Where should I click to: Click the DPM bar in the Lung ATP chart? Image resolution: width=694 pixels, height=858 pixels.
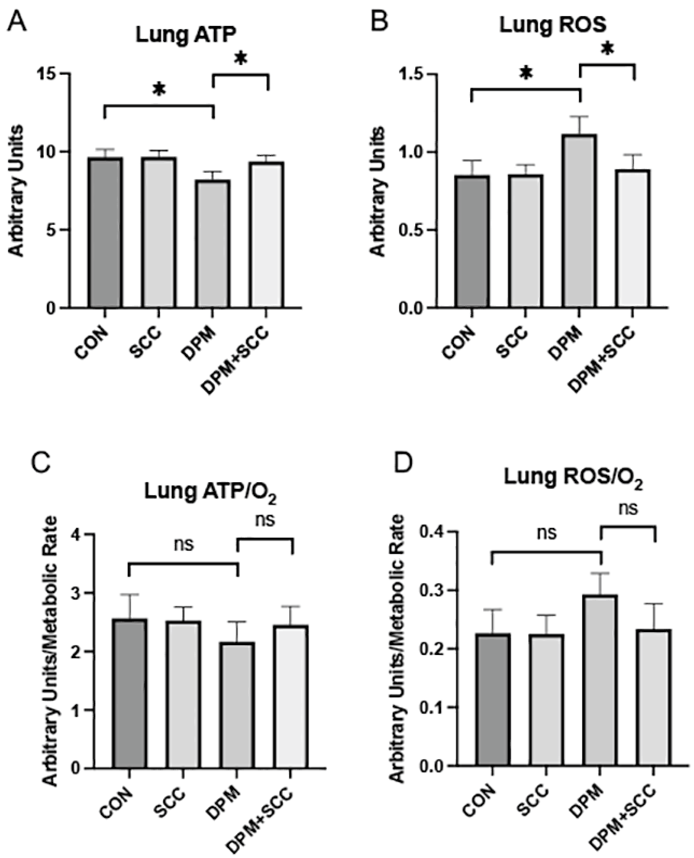point(213,244)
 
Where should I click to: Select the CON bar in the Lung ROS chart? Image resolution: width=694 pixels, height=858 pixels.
point(472,241)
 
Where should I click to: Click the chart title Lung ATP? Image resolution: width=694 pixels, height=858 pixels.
point(186,35)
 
